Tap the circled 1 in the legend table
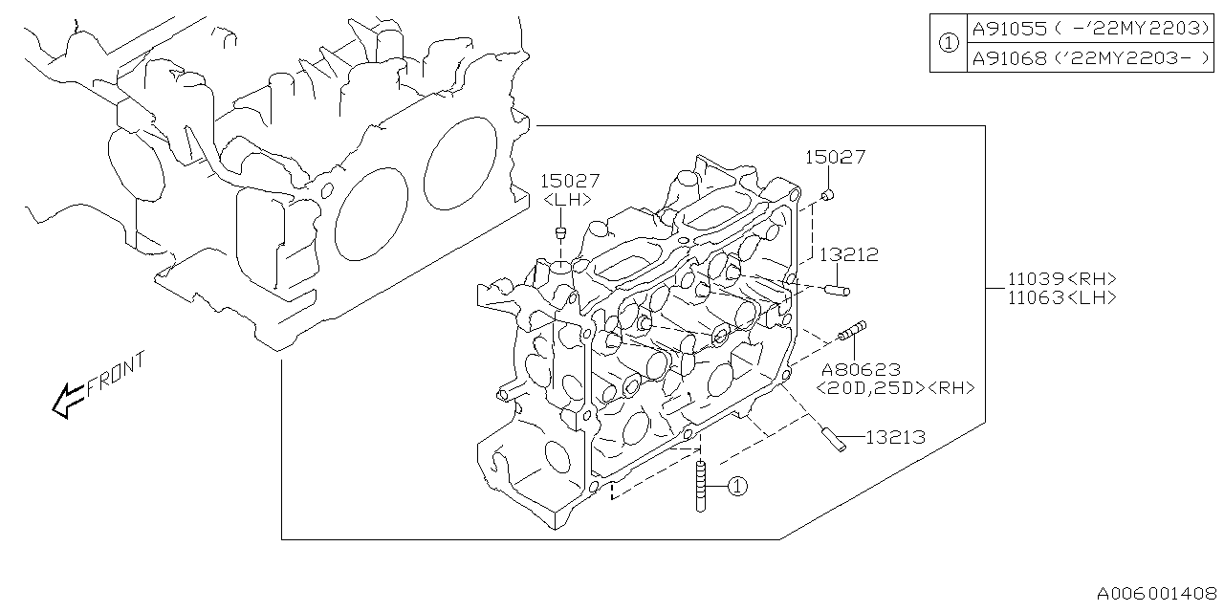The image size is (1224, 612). pos(947,44)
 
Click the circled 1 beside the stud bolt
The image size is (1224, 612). pos(735,487)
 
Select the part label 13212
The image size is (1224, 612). pos(847,255)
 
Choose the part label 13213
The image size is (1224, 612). pos(895,437)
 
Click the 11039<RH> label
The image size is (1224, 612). pos(1061,278)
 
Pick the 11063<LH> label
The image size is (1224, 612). pos(1061,297)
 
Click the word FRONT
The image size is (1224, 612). pos(116,374)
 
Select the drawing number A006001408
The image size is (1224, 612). pos(1158,593)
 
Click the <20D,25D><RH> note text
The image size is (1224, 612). pos(895,388)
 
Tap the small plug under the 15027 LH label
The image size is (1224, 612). pos(561,233)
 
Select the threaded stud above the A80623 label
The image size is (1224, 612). pos(852,330)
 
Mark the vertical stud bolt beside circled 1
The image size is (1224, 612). pos(702,488)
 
